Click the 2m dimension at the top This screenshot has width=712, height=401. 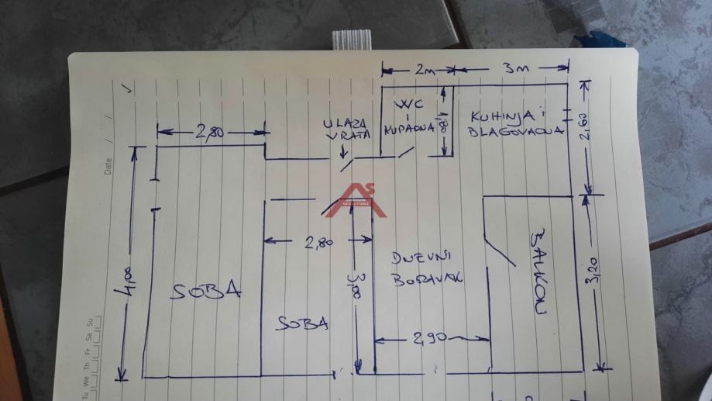tap(423, 70)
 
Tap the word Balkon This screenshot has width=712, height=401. tap(537, 271)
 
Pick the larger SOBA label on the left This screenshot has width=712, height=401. tap(207, 291)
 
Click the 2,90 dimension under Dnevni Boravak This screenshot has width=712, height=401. tap(431, 338)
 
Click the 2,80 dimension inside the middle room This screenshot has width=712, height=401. tap(318, 242)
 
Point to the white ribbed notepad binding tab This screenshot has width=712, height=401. tap(351, 40)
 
